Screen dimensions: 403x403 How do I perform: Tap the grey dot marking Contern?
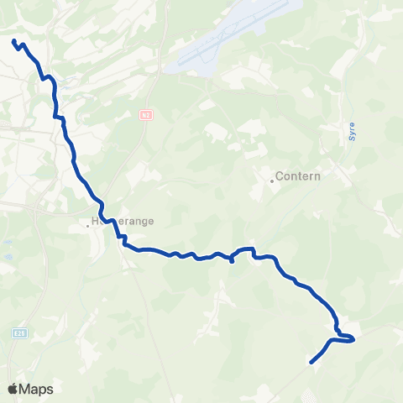[272, 179]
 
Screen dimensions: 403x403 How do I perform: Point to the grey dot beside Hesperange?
[87, 224]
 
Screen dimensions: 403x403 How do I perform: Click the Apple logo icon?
[13, 389]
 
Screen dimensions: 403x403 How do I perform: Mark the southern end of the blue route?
[311, 363]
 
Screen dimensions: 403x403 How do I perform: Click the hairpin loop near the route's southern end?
[352, 338]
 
